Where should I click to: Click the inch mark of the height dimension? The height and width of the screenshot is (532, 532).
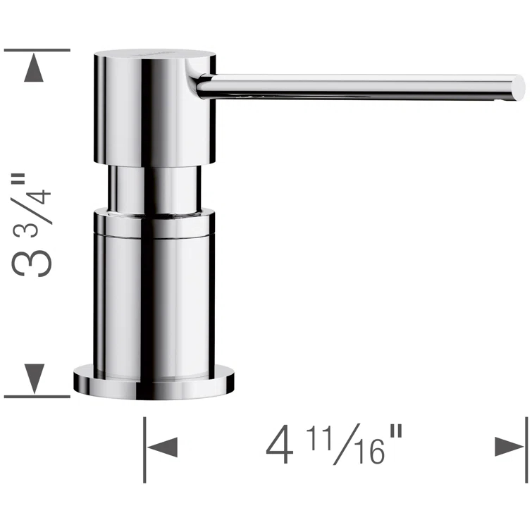click(26, 164)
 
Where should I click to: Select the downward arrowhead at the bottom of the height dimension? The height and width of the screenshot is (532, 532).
click(34, 379)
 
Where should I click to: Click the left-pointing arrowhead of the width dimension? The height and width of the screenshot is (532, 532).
click(161, 447)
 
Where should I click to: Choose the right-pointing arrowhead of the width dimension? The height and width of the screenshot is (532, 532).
click(509, 447)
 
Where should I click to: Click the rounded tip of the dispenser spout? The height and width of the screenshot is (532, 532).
click(519, 87)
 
